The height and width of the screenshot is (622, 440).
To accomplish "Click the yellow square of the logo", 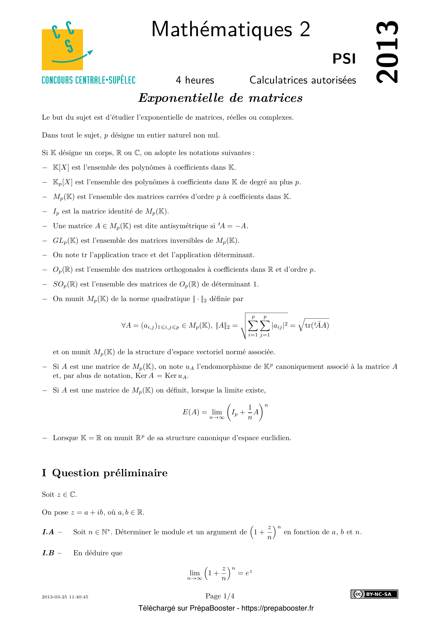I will [62, 49].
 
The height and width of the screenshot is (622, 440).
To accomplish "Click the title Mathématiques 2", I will [231, 29].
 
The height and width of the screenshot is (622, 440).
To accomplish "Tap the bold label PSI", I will [344, 59].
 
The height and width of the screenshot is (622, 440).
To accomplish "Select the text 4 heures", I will [195, 80].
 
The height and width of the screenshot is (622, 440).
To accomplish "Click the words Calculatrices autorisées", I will [303, 80].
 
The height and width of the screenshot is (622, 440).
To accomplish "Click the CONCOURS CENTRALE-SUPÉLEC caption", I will [88, 80].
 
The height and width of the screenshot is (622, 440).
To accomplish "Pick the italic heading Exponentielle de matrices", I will [220, 98].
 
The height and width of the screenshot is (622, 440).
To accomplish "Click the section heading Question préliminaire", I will [110, 473].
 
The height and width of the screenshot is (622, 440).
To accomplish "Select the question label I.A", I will [48, 532].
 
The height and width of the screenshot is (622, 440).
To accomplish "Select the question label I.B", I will [48, 553].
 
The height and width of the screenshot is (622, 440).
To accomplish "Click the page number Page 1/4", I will [220, 596].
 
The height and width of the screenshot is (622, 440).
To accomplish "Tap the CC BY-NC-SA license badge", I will [374, 594].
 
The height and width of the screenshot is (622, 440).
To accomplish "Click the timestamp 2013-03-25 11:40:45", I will [65, 597].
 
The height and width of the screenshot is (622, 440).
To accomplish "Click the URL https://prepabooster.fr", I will [277, 608].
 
